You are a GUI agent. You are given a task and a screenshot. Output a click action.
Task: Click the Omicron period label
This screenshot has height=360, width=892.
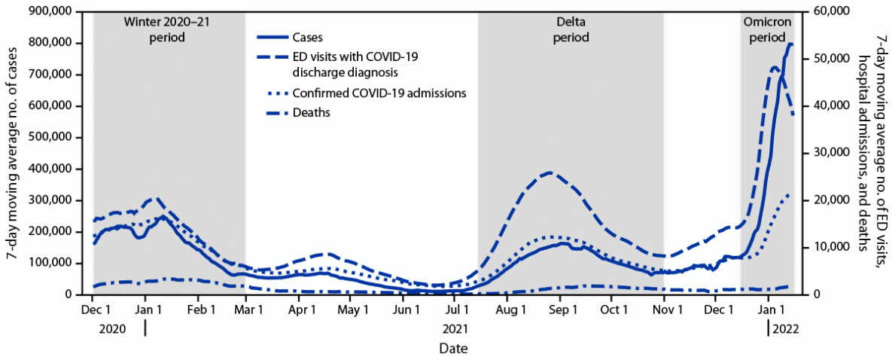pos(768,29)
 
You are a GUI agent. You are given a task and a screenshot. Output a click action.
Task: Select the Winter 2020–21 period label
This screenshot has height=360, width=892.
pos(167,29)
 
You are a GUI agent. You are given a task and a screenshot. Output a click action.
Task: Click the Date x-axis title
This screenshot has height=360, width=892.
pos(453,349)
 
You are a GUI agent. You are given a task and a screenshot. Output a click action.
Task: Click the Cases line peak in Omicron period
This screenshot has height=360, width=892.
pos(789,44)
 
